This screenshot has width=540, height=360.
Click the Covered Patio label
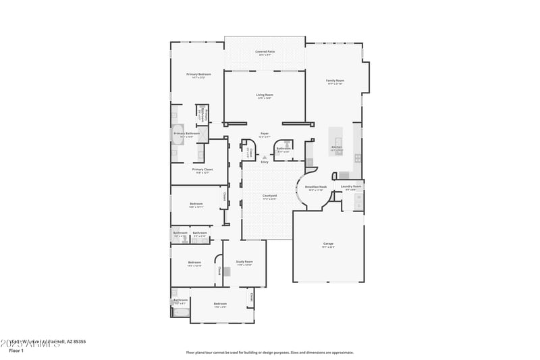click(265, 51)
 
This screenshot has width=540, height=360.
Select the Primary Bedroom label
click(199, 74)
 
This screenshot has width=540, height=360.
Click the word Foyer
click(265, 134)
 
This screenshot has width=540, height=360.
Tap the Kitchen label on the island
click(337, 147)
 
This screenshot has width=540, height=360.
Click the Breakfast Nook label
click(316, 187)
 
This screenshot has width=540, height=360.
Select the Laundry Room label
click(352, 186)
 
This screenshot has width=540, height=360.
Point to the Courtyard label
click(270, 196)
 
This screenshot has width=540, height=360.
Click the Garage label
click(328, 244)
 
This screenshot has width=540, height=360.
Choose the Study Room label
click(244, 261)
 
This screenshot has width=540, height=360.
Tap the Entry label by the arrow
click(265, 162)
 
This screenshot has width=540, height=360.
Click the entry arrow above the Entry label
click(265, 157)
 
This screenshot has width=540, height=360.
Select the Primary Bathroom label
click(187, 134)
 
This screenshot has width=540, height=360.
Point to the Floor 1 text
click(16, 351)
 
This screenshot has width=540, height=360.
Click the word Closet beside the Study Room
click(220, 272)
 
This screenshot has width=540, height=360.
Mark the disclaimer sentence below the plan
click(269, 352)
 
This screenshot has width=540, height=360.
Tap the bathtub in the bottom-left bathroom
click(181, 313)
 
